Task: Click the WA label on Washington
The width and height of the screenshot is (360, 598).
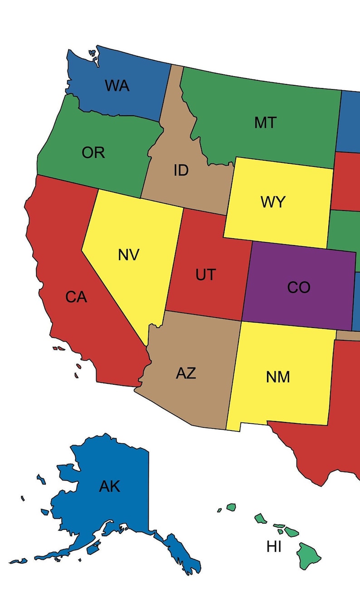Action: tap(117, 85)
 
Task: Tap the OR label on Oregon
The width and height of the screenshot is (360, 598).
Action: tap(93, 153)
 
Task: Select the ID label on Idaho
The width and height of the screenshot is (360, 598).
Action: tap(181, 171)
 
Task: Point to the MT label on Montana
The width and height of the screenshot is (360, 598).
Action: tap(265, 123)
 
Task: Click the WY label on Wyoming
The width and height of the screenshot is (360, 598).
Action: tap(273, 202)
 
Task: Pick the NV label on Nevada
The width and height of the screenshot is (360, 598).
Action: tap(129, 255)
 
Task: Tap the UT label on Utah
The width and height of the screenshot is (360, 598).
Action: tap(206, 274)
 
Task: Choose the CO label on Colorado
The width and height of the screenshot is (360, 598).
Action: tap(299, 287)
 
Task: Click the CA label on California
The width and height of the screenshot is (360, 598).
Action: tap(76, 297)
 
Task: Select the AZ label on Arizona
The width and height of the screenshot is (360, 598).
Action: tap(186, 373)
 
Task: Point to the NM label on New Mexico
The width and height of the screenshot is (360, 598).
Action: tap(278, 377)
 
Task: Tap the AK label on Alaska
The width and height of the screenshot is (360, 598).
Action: tap(110, 486)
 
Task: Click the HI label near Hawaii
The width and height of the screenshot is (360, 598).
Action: tap(274, 547)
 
